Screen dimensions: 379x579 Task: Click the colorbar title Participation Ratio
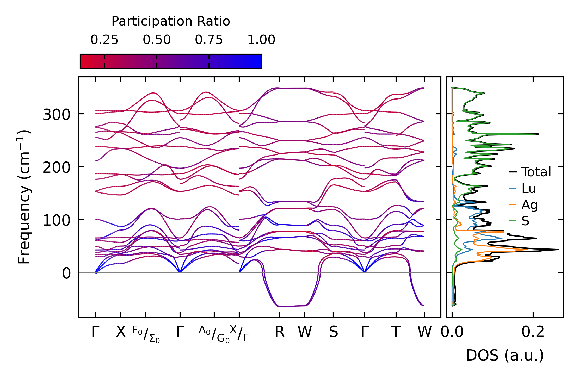tap(171, 21)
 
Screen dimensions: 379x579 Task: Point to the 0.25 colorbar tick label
tap(104, 40)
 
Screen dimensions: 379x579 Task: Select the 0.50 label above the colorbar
tap(157, 40)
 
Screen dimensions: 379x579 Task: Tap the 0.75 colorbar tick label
tap(209, 40)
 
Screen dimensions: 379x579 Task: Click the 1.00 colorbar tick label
tap(261, 40)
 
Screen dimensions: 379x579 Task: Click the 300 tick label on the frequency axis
tap(57, 115)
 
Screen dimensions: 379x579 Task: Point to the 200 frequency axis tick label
tap(57, 167)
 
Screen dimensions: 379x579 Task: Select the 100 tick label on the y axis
tap(57, 220)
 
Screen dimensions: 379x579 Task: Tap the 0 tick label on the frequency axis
tap(66, 274)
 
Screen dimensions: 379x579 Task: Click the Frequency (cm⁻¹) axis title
tap(24, 197)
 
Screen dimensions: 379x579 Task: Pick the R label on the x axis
tap(280, 332)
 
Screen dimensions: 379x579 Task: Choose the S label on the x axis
tap(333, 332)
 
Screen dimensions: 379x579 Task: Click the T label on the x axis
tap(396, 332)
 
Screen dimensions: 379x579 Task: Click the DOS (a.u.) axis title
tap(505, 355)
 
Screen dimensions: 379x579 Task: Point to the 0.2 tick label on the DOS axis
tap(533, 332)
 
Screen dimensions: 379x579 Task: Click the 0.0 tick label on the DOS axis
tap(452, 332)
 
